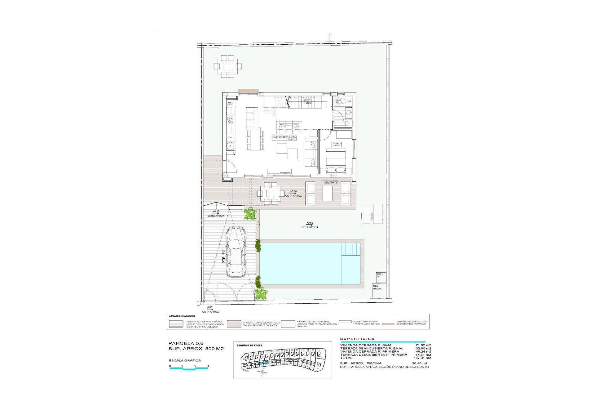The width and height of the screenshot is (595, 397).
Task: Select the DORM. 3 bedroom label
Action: tap(337, 144)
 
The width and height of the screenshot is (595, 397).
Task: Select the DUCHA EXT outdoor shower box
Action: tap(380, 275)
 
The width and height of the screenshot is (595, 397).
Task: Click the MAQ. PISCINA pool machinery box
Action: tap(377, 288)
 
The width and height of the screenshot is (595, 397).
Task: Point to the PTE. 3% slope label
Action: tap(224, 257)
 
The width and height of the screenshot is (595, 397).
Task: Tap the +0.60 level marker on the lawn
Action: tap(310, 223)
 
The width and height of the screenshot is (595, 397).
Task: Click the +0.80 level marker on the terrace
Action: tap(293, 192)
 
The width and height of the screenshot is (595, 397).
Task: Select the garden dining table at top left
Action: tap(227, 66)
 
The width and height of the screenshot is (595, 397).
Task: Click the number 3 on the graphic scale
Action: tap(208, 366)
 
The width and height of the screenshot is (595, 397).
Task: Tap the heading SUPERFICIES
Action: tap(357, 339)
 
